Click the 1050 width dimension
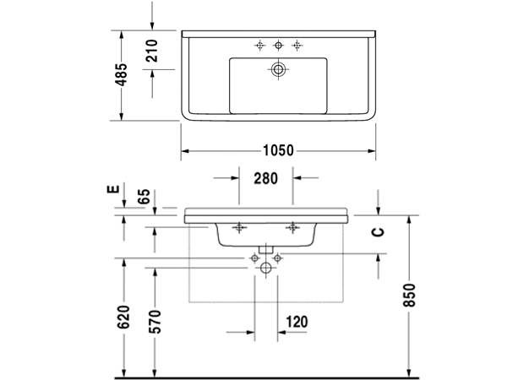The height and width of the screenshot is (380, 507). click(277, 150)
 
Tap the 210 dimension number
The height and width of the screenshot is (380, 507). click(152, 56)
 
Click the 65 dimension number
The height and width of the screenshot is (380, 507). click(144, 198)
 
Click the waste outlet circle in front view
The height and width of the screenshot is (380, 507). click(266, 269)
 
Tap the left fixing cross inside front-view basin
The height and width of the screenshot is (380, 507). click(239, 226)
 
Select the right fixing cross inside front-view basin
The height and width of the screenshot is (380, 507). click(293, 226)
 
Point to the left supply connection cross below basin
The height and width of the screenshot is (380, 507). click(253, 256)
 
